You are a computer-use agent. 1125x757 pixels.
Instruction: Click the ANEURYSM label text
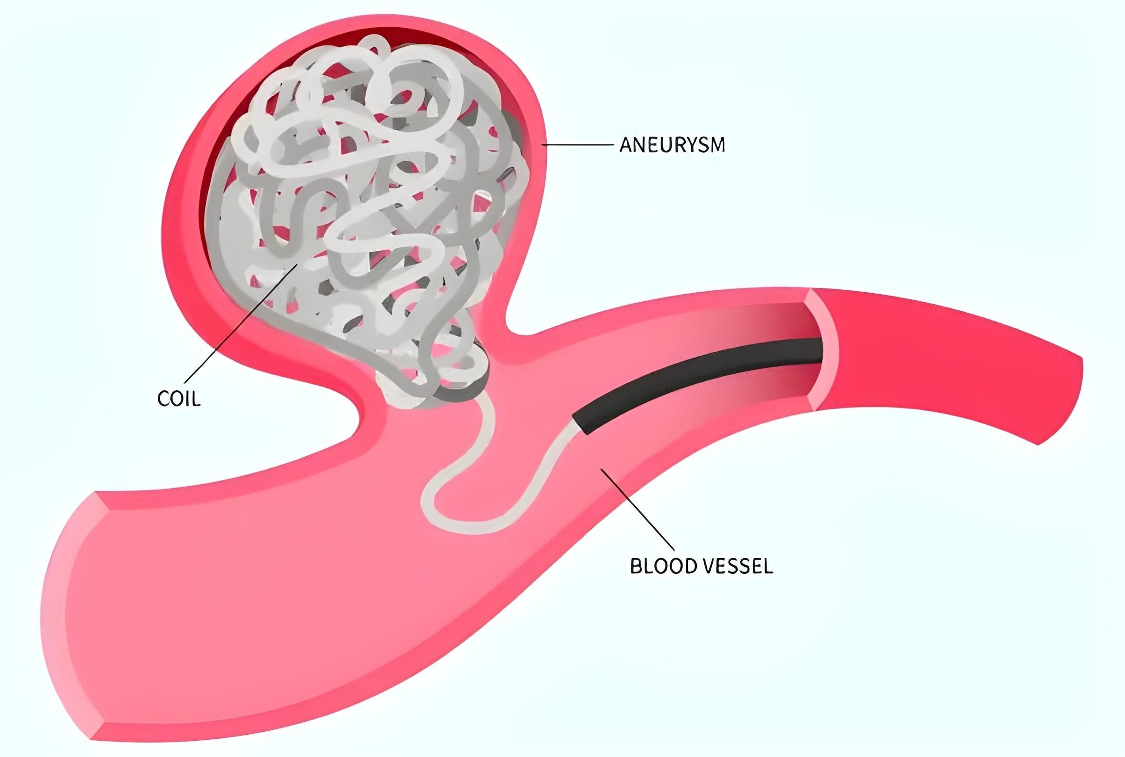click(x=672, y=145)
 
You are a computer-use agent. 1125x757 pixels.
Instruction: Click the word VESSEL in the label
click(x=736, y=566)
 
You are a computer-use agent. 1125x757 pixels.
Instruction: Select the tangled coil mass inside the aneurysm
click(x=367, y=213)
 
